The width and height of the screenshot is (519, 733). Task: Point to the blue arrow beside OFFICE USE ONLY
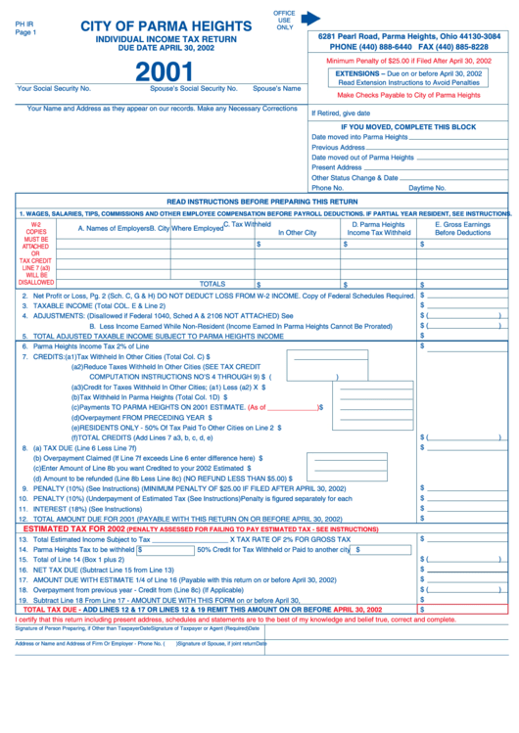click(x=310, y=18)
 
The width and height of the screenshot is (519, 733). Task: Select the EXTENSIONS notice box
click(x=408, y=78)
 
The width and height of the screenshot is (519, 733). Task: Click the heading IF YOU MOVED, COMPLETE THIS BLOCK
click(x=407, y=127)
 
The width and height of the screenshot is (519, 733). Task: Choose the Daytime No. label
click(x=427, y=187)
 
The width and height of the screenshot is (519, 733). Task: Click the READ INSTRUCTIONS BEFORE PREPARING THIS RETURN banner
click(x=262, y=201)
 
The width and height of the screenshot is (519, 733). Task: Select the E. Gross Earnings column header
click(x=462, y=228)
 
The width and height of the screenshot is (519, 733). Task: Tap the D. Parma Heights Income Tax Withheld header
click(x=378, y=228)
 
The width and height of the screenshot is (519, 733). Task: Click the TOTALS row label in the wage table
click(x=212, y=283)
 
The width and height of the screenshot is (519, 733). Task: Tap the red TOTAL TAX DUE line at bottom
click(x=206, y=609)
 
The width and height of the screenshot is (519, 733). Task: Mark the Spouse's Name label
click(x=276, y=88)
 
